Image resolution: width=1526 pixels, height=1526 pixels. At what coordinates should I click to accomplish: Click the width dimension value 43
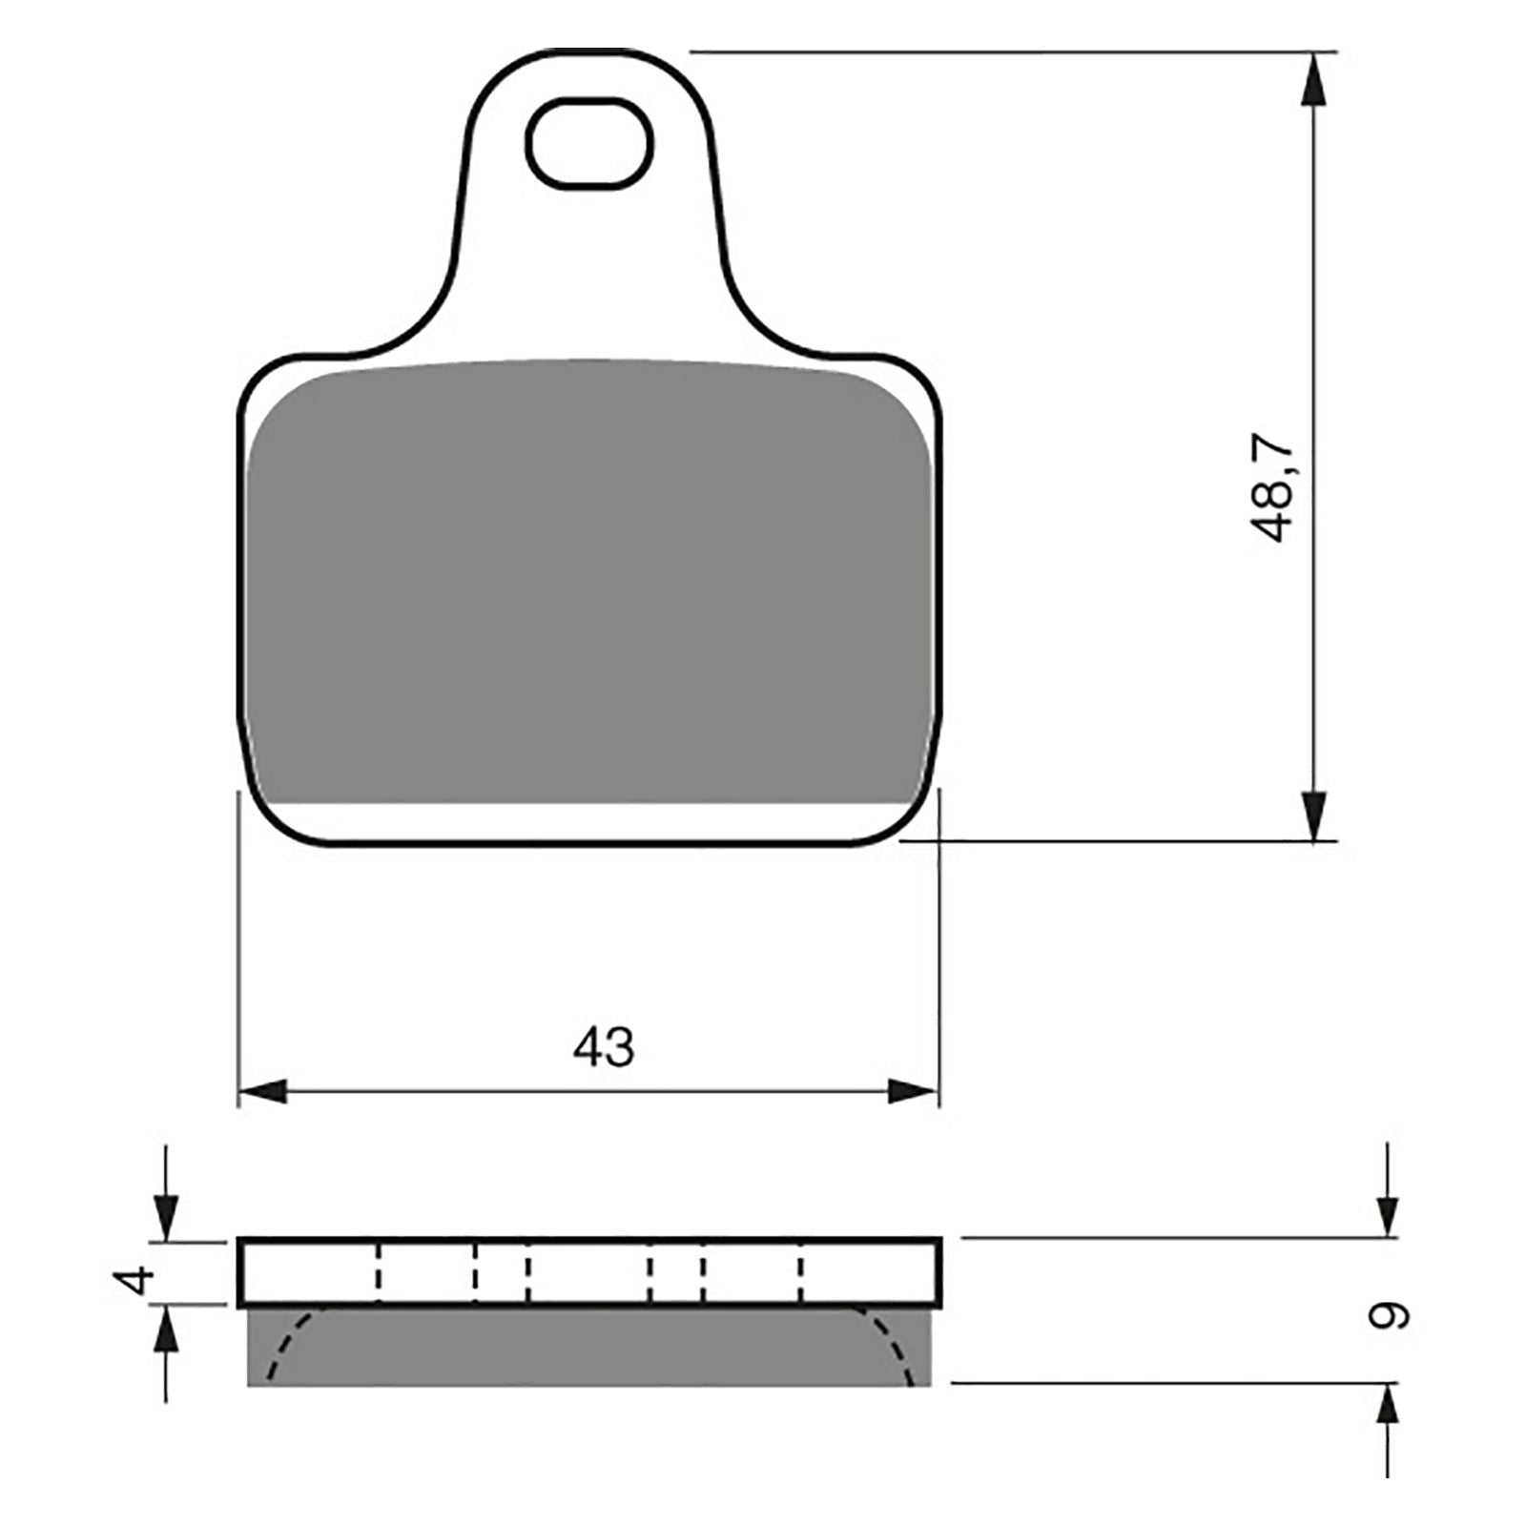[603, 1047]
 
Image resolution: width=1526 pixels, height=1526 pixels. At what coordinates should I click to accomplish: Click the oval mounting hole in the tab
[589, 144]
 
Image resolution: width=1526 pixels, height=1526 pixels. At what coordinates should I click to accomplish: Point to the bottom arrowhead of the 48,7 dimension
[1313, 815]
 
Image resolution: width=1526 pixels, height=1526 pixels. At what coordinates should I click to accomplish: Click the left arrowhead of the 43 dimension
[264, 1091]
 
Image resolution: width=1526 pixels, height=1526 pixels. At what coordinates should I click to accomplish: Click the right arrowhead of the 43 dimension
[913, 1091]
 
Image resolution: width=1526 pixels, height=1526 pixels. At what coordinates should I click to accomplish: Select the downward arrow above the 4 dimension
[166, 1218]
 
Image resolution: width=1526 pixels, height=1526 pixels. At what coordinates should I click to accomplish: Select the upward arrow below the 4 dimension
[166, 1330]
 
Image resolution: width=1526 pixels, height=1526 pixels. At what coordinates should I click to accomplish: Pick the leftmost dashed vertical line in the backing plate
[378, 1272]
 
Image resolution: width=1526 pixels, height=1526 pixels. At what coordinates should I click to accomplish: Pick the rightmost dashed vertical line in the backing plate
[801, 1272]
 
